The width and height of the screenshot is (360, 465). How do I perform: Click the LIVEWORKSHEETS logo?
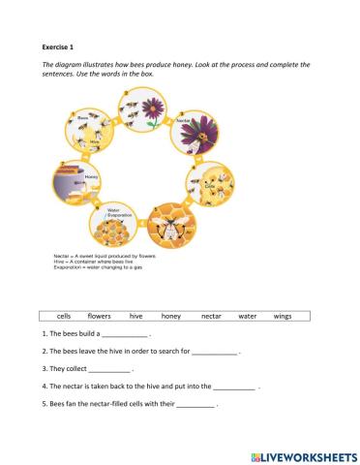click(303, 454)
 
